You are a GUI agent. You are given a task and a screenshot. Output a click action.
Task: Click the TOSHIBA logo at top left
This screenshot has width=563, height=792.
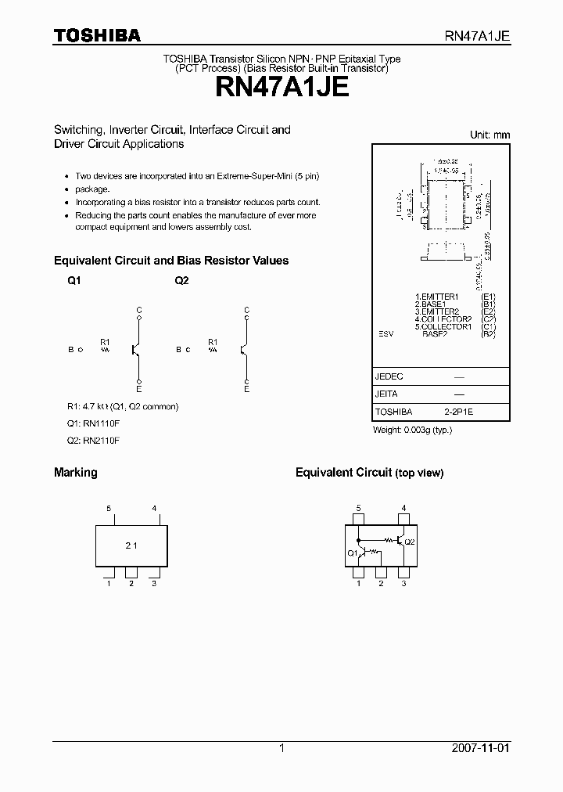pos(97,36)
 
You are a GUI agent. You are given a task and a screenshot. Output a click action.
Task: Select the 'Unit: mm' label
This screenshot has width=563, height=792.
pos(489,135)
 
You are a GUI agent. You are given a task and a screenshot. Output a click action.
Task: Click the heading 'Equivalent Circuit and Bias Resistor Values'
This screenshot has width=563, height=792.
pos(171,261)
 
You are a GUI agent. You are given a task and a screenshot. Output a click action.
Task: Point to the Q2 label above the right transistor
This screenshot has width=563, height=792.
pos(181,282)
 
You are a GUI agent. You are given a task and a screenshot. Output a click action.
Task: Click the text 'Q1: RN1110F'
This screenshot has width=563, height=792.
pos(93,423)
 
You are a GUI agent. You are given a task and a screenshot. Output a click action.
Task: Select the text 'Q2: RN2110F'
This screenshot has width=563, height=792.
pos(93,441)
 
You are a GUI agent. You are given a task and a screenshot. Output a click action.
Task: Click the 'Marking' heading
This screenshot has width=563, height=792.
pos(76,473)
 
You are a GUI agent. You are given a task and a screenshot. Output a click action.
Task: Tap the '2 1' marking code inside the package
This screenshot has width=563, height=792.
pos(131,545)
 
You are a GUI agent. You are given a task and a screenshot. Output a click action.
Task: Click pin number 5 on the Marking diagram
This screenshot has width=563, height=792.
pos(109,509)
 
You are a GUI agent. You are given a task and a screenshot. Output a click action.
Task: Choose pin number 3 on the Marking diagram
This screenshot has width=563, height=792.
pos(154,583)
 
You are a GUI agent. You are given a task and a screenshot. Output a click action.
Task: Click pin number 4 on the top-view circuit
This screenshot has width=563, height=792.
pos(403,509)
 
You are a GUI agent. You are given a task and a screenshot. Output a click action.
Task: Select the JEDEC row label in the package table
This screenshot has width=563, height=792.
pos(389,376)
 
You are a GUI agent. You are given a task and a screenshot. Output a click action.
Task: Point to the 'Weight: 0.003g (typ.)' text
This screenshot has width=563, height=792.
pos(413,430)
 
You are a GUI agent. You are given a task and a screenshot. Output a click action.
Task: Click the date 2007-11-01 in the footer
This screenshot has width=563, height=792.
pos(481,748)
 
